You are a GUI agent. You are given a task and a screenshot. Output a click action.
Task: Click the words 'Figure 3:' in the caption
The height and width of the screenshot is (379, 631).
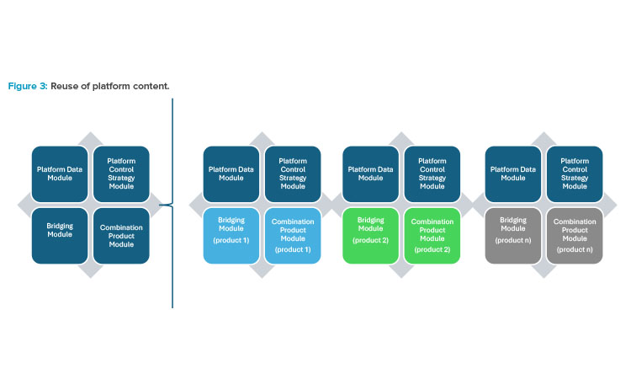[28, 86]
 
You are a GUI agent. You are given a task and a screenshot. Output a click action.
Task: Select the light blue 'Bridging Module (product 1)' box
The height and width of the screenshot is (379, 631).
[231, 236]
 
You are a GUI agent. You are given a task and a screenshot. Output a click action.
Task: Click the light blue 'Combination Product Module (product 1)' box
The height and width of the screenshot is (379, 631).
[293, 236]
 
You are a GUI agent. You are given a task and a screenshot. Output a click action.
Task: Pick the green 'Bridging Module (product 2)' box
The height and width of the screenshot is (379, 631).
[371, 236]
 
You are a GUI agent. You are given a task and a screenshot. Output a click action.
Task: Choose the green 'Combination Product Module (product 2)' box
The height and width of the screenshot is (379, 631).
[432, 236]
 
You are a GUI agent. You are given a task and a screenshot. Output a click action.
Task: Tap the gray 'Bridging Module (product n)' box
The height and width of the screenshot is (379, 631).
[513, 236]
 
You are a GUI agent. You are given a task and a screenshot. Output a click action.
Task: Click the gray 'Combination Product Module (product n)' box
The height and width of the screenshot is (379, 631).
[575, 236]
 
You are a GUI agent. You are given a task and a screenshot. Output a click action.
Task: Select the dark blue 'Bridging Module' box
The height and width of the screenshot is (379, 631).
[60, 236]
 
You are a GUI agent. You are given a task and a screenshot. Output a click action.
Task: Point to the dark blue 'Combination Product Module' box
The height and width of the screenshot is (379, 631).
[121, 236]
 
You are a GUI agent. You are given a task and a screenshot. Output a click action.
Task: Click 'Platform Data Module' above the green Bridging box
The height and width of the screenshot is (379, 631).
[371, 174]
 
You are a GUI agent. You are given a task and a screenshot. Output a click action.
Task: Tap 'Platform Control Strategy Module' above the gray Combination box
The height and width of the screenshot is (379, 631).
[575, 174]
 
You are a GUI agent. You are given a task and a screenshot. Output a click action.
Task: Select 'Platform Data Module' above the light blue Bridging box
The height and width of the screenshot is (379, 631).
[231, 174]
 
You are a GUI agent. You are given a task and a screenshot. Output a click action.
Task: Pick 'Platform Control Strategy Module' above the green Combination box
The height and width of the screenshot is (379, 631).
[432, 174]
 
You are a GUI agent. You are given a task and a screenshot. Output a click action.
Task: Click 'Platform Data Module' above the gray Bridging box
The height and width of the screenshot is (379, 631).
[513, 174]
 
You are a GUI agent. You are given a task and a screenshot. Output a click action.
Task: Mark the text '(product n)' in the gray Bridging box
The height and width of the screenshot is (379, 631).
[513, 240]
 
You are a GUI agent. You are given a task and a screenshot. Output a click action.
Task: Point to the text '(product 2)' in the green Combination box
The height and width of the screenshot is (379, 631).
[432, 249]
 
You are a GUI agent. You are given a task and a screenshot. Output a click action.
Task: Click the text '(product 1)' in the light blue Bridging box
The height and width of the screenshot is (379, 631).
[231, 240]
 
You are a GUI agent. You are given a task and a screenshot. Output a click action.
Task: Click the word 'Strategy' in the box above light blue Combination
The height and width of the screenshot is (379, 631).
[293, 178]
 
